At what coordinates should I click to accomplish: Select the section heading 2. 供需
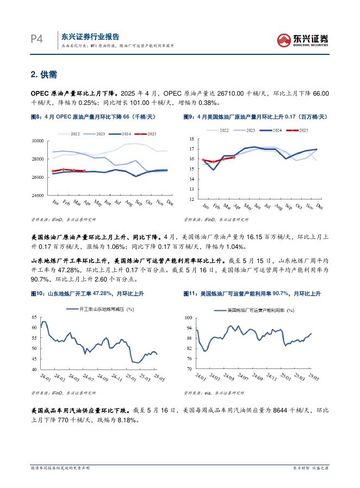pyautogui.click(x=44, y=74)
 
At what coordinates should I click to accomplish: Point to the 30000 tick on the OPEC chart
pyautogui.click(x=37, y=141)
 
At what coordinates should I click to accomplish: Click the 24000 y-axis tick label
pyautogui.click(x=37, y=195)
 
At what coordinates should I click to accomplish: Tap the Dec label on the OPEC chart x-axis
pyautogui.click(x=169, y=202)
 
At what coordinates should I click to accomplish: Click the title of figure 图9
pyautogui.click(x=255, y=117)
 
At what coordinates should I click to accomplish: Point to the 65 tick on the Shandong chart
pyautogui.click(x=34, y=317)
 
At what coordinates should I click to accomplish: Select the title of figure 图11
pyautogui.click(x=252, y=293)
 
